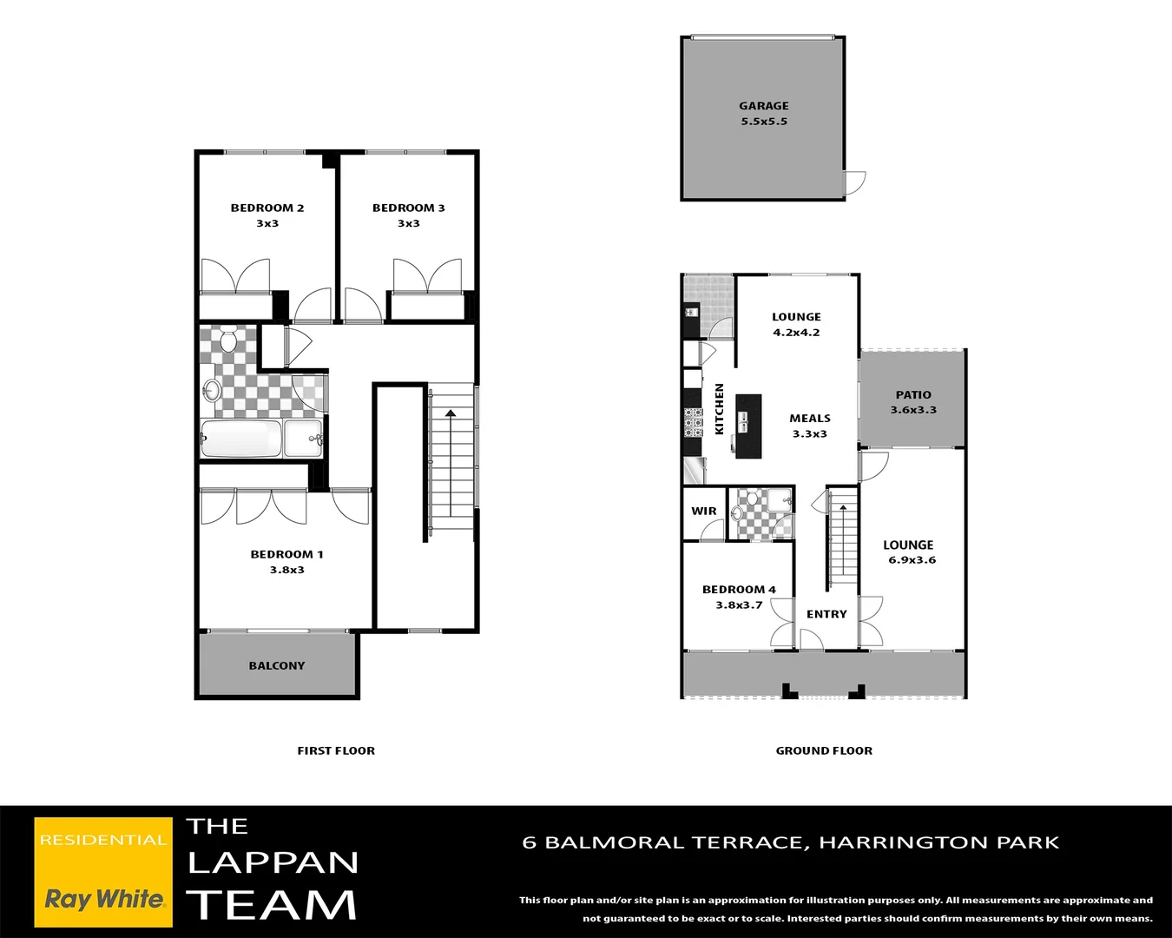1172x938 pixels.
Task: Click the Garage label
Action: click(764, 106)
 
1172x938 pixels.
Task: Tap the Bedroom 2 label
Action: click(267, 208)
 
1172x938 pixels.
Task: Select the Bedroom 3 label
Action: click(408, 208)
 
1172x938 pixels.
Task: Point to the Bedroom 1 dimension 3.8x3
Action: click(286, 571)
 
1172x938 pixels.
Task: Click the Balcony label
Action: click(277, 666)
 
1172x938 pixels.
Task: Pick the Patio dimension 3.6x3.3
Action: click(913, 410)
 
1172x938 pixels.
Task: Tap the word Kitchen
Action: click(719, 409)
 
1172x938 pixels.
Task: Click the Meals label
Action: click(810, 419)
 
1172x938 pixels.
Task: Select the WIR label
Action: click(704, 512)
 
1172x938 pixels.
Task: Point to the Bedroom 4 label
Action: click(739, 590)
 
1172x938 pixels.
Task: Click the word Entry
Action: click(826, 614)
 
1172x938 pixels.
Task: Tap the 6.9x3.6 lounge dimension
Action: click(912, 560)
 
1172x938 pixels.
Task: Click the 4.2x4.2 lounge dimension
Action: click(796, 333)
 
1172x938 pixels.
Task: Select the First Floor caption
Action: click(336, 751)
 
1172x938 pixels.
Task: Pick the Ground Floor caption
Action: click(824, 751)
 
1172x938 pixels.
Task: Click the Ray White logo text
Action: click(104, 899)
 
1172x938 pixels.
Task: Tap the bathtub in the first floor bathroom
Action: click(241, 439)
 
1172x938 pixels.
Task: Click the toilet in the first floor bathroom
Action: click(228, 340)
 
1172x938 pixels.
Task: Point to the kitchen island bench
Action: click(748, 426)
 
